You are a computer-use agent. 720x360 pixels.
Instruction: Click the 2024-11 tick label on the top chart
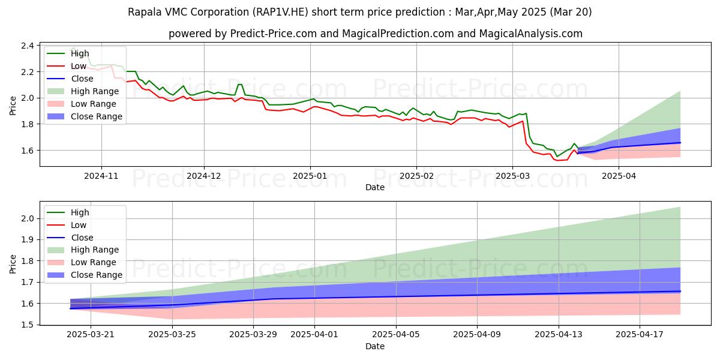[x=101, y=176]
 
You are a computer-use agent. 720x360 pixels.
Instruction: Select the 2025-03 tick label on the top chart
[x=512, y=176]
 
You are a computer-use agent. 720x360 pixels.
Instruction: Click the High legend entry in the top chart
[x=80, y=53]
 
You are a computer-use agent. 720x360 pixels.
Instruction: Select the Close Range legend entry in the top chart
[x=97, y=116]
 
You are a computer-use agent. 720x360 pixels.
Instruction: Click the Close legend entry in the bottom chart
[x=82, y=238]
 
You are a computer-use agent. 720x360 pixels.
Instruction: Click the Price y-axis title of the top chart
[x=13, y=106]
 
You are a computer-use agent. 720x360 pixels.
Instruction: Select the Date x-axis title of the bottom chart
[x=375, y=346]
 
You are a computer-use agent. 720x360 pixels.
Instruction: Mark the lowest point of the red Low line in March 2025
[x=557, y=160]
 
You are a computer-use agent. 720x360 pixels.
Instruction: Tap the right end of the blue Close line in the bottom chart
[x=680, y=291]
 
